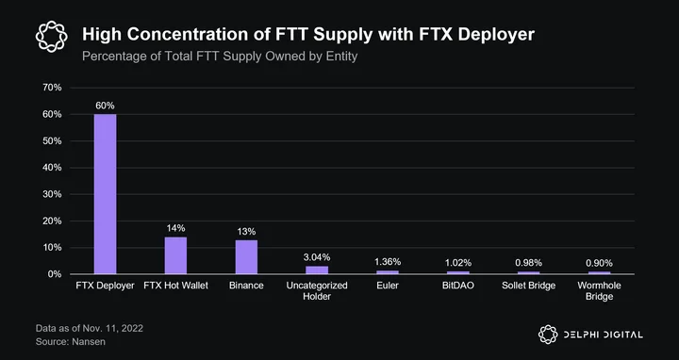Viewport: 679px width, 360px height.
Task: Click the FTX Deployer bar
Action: point(106,194)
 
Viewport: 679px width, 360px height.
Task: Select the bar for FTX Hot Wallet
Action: point(175,255)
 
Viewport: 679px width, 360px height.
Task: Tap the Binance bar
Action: point(246,257)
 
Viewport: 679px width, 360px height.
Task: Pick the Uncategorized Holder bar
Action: point(317,270)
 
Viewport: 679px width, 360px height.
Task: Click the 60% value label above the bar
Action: point(106,106)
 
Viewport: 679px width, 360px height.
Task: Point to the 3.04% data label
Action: point(317,257)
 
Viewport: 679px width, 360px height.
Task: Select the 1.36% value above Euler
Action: point(388,262)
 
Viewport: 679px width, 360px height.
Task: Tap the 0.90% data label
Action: point(600,263)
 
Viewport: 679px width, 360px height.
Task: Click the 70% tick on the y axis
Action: point(53,88)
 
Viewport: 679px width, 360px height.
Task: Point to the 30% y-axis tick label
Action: point(53,194)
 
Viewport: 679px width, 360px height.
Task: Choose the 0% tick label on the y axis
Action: point(55,274)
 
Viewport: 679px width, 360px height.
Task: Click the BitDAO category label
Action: point(458,286)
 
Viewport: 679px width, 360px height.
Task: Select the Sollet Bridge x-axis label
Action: point(529,286)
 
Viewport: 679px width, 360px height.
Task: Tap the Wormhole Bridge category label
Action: point(600,291)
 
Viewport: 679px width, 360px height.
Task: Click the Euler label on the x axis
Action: point(388,286)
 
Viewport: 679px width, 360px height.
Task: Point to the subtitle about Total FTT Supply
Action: point(220,57)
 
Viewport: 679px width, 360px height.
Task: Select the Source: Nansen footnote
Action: point(71,342)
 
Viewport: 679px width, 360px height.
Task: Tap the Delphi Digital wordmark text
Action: point(603,335)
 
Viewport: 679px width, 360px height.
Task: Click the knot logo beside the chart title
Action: point(52,37)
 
